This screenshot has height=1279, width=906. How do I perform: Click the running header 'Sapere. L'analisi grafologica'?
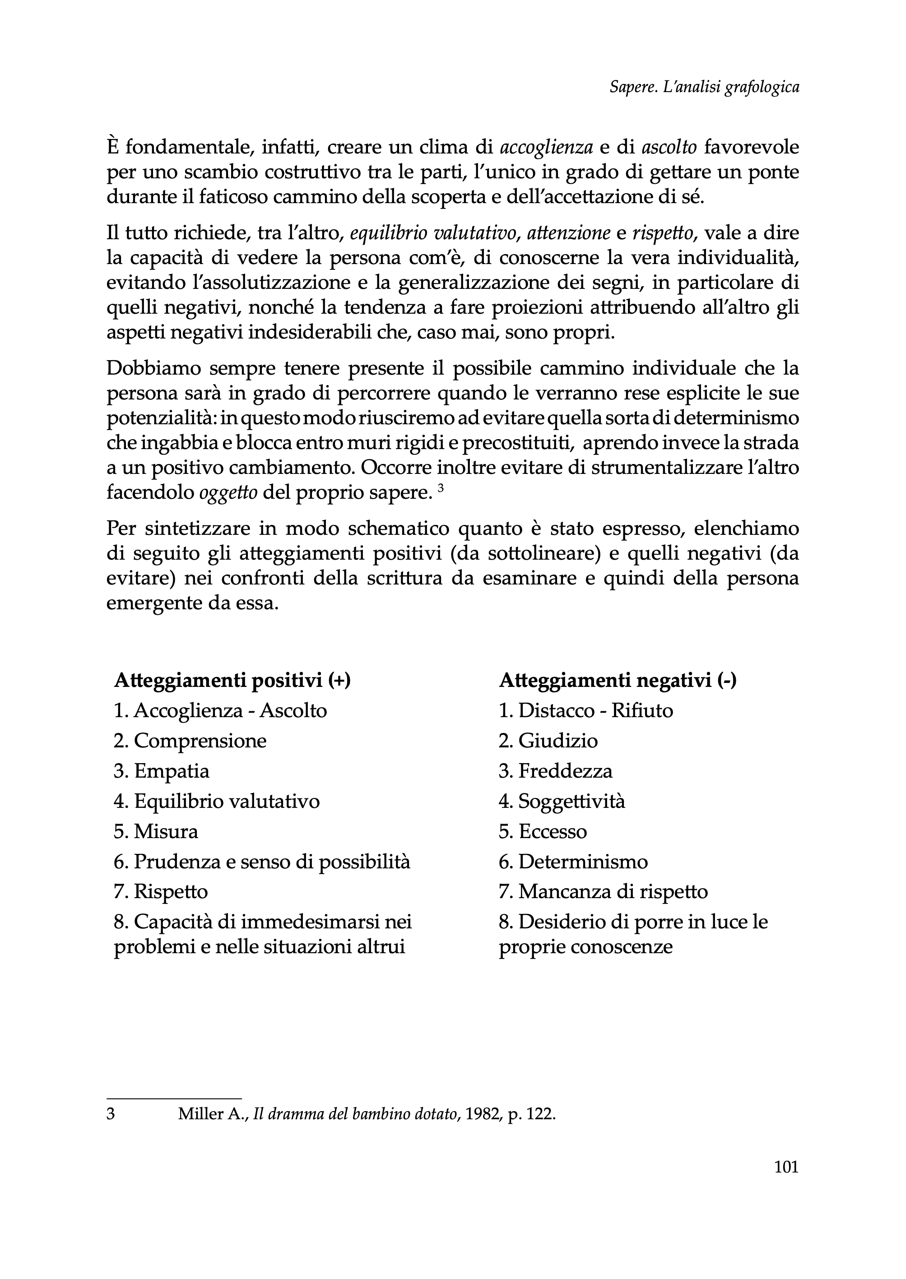pyautogui.click(x=704, y=88)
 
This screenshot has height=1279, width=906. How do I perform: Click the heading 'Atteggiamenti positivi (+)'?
pyautogui.click(x=232, y=681)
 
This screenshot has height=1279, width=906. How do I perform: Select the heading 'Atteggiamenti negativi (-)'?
pyautogui.click(x=618, y=681)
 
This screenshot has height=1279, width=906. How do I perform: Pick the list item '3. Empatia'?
pyautogui.click(x=161, y=771)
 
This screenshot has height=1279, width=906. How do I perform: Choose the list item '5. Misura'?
pyautogui.click(x=156, y=832)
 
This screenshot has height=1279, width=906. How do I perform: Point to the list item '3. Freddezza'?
pyautogui.click(x=555, y=771)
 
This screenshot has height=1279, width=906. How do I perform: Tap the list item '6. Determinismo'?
pyautogui.click(x=573, y=862)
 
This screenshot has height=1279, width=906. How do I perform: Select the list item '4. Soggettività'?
pyautogui.click(x=562, y=802)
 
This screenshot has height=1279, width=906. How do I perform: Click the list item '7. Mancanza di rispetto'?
pyautogui.click(x=603, y=892)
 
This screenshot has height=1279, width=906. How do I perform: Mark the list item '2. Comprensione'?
pyautogui.click(x=190, y=741)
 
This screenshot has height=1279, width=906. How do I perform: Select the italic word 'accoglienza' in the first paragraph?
pyautogui.click(x=546, y=147)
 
